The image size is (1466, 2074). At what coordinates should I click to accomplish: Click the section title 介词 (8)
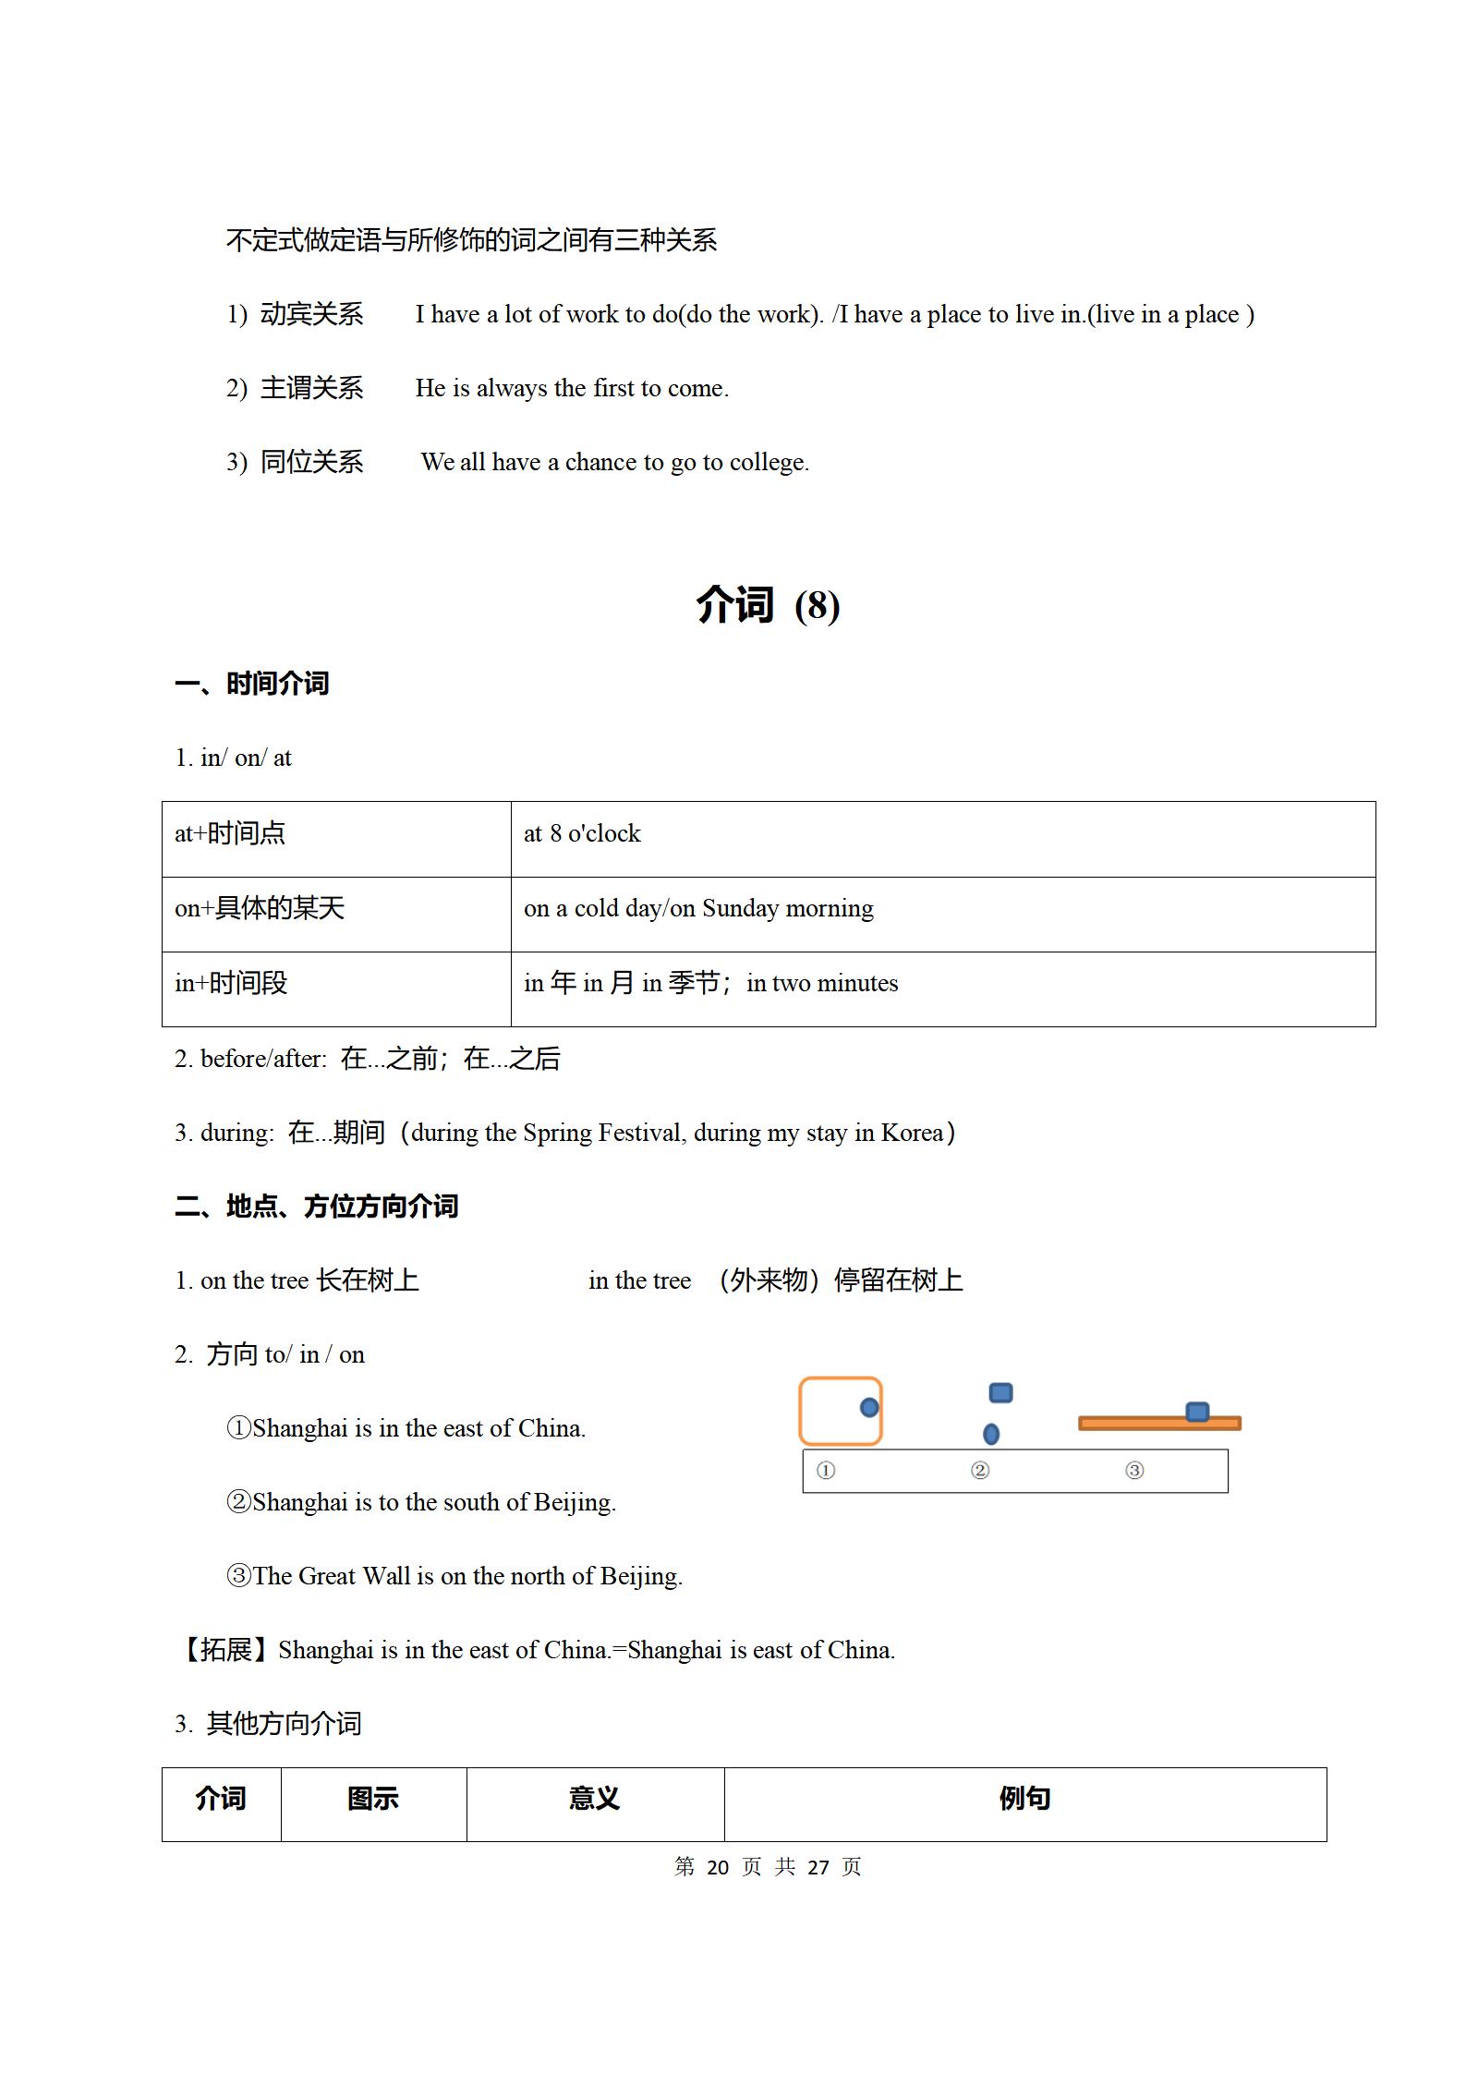[x=768, y=605]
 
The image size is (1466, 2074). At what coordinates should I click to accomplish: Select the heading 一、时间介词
[x=251, y=684]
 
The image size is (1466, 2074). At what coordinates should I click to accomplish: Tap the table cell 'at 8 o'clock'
[x=582, y=834]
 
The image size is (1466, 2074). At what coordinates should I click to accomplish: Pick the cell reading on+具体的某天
[x=260, y=909]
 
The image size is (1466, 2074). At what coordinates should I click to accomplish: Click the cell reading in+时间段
[x=231, y=984]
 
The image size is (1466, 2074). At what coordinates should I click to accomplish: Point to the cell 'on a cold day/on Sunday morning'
[x=698, y=909]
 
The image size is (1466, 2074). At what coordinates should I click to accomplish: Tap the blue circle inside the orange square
[x=869, y=1408]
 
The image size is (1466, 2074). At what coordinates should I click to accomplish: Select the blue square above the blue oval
[x=1000, y=1392]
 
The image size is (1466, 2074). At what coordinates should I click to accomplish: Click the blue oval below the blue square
[x=991, y=1434]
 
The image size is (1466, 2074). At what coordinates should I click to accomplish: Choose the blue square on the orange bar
[x=1197, y=1412]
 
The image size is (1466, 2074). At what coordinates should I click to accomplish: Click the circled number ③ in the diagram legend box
[x=1134, y=1470]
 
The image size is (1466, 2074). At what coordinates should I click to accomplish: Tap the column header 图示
[x=373, y=1799]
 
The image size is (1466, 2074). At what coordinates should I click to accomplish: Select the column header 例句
[x=1024, y=1799]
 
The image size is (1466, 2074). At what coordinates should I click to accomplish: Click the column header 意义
[x=595, y=1799]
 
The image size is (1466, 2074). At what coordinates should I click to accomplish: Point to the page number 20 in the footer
[x=718, y=1867]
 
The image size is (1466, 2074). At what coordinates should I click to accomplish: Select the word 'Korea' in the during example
[x=912, y=1134]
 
